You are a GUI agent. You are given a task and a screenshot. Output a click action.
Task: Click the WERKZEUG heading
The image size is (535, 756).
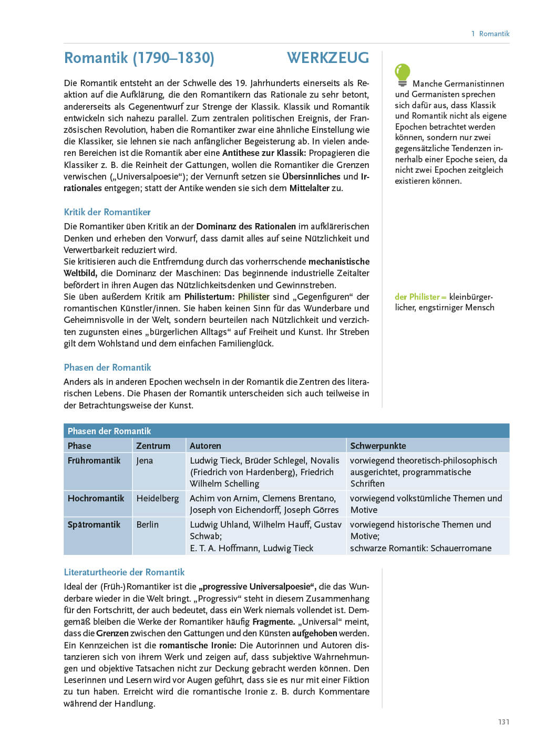click(328, 58)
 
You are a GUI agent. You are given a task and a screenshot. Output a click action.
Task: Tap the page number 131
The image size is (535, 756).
click(503, 722)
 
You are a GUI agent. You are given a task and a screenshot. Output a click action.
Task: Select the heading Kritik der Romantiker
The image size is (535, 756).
click(107, 212)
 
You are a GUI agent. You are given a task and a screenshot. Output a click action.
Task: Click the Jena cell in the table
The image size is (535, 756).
click(145, 460)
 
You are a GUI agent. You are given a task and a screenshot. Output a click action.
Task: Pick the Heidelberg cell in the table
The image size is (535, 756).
click(157, 498)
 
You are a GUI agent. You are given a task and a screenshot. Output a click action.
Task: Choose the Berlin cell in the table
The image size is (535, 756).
click(147, 524)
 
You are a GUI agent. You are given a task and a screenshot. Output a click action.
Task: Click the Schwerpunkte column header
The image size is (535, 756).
click(378, 446)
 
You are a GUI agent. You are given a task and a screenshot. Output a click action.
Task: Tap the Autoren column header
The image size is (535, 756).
click(205, 446)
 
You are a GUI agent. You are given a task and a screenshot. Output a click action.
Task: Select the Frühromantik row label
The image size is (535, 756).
click(94, 460)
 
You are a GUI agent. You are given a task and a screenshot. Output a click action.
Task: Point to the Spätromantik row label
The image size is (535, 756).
click(94, 524)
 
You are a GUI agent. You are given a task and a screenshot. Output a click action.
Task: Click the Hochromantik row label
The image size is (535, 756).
click(96, 498)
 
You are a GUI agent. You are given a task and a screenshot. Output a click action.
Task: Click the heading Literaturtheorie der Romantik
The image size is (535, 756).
click(124, 572)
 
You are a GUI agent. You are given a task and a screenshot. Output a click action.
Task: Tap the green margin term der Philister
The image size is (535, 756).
click(418, 297)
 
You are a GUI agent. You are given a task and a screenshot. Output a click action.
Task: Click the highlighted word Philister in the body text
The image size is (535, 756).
click(253, 297)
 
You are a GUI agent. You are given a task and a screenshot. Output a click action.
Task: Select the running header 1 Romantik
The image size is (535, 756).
click(490, 34)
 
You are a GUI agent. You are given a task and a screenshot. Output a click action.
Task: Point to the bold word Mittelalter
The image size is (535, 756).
click(309, 188)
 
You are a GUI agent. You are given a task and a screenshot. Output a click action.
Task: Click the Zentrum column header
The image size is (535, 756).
click(153, 446)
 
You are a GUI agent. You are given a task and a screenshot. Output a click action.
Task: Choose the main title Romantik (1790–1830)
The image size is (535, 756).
click(139, 58)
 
